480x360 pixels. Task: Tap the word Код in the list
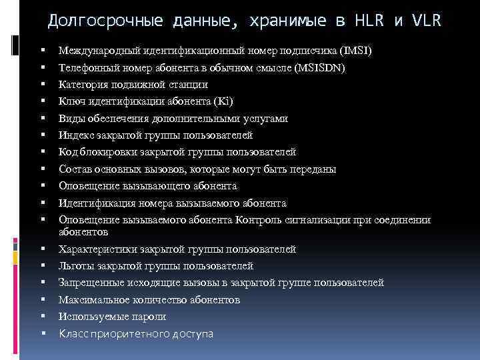(x=67, y=152)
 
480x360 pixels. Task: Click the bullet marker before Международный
(x=41, y=51)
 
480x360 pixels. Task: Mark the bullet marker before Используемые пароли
(x=41, y=317)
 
